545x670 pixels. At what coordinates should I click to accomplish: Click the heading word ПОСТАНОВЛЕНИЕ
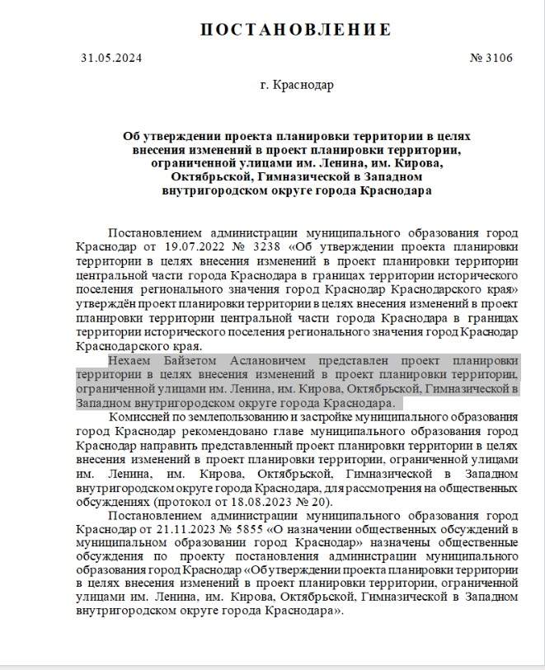pyautogui.click(x=295, y=30)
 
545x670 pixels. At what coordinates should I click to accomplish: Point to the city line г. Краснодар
pyautogui.click(x=295, y=86)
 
